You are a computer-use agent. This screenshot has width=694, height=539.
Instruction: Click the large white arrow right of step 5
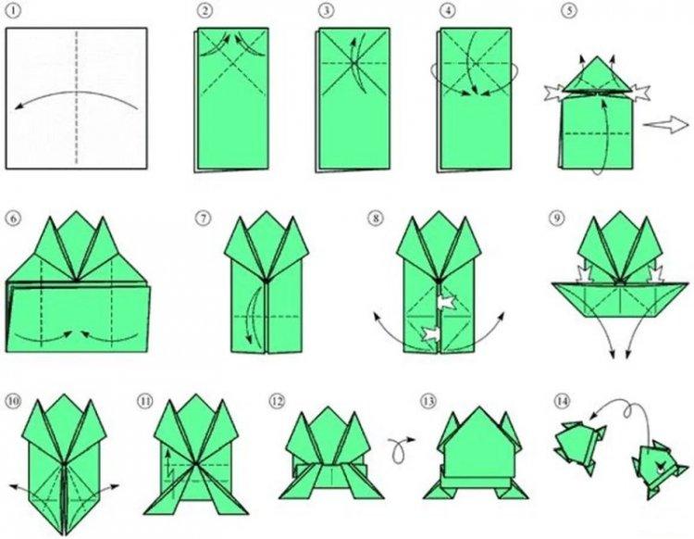pyautogui.click(x=663, y=123)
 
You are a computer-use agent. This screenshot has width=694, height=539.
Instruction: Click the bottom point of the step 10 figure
pyautogui.click(x=66, y=533)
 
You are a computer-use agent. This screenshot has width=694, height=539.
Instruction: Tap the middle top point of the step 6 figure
pyautogui.click(x=74, y=214)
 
